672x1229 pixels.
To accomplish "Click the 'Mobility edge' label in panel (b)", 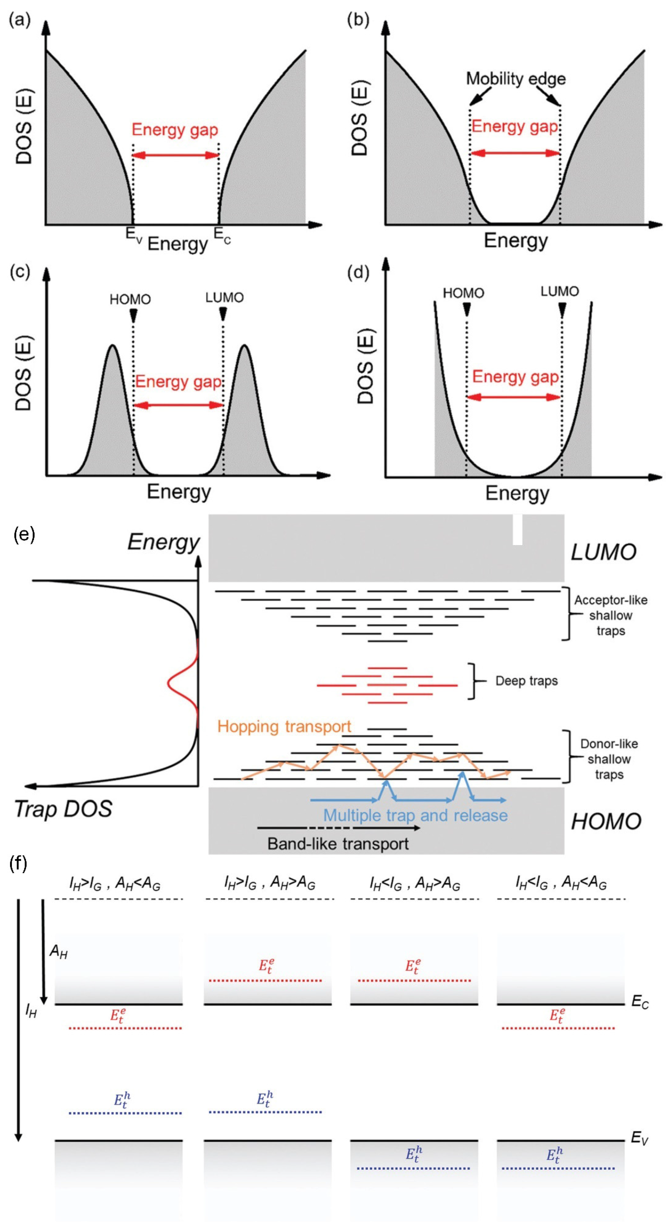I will pos(516,79).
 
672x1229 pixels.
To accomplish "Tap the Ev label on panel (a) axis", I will pos(134,235).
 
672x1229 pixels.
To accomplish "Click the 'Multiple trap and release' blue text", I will pos(415,815).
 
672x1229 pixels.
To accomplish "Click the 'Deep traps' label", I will pos(527,681).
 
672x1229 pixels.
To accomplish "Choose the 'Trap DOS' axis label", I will pos(63,809).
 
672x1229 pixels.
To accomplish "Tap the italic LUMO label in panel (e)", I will pos(604,552).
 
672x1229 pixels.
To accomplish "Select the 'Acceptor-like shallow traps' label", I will pos(610,615).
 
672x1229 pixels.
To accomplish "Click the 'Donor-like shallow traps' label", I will pos(609,759).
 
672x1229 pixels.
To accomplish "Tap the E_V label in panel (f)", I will pos(639,1139).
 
